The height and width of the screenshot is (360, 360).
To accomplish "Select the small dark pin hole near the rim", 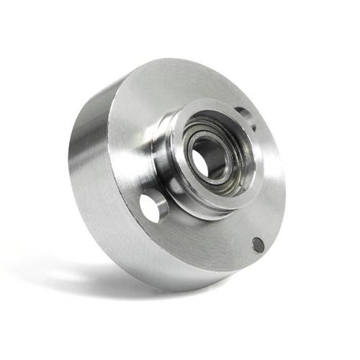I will point(258,245).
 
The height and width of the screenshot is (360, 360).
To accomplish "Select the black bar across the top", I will point(180,22).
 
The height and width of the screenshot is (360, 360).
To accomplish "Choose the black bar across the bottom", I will point(180,337).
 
